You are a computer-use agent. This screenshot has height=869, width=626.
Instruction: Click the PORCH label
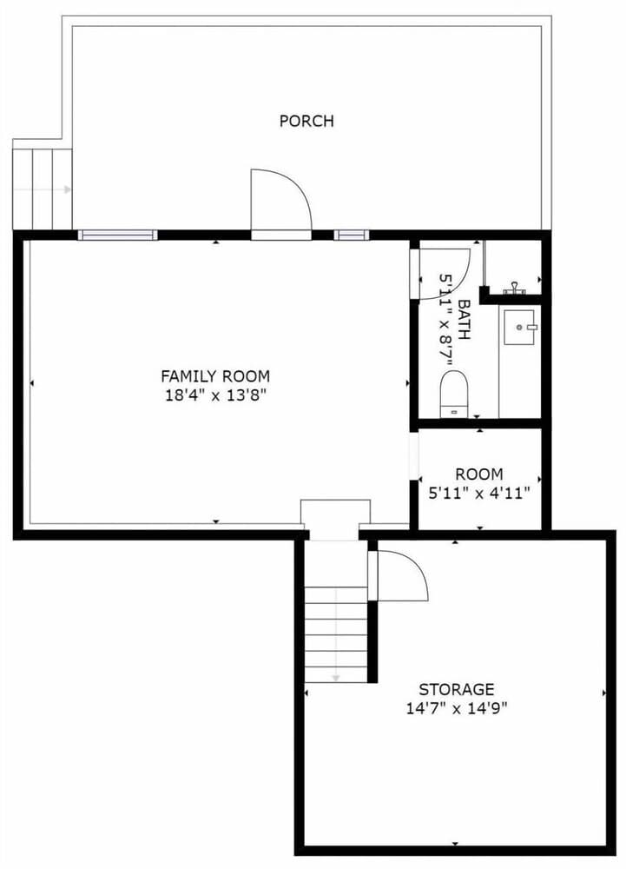[x=306, y=121]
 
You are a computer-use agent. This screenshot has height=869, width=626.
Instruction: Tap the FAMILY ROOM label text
[x=215, y=376]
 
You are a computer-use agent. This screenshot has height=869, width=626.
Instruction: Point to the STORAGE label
[x=456, y=689]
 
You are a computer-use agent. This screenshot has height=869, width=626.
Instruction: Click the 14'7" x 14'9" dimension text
[x=456, y=708]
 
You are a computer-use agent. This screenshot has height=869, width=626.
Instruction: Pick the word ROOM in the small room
[x=479, y=474]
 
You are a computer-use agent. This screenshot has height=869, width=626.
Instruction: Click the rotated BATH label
[x=465, y=320]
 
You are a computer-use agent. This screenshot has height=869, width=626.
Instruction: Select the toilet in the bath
[x=454, y=393]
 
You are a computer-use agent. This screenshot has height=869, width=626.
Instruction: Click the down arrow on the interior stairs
[x=335, y=674]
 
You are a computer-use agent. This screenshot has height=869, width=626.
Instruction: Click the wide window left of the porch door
[x=117, y=235]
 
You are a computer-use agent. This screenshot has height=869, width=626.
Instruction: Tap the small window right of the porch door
[x=351, y=235]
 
